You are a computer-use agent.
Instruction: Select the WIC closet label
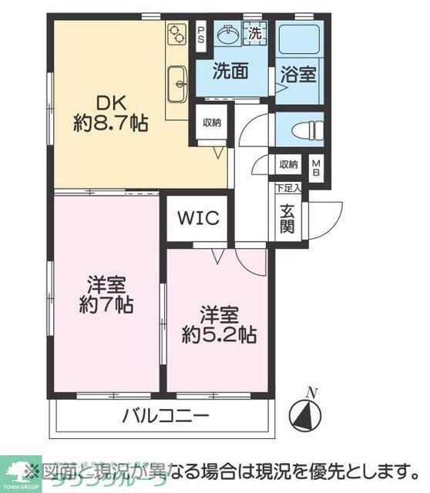tap(200, 218)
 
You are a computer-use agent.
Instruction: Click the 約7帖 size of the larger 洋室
tap(109, 304)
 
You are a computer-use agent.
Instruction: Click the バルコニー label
tap(166, 418)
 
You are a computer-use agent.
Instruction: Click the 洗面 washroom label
tap(230, 72)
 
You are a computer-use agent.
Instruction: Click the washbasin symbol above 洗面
tap(229, 35)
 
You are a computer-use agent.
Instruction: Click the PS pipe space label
tap(200, 35)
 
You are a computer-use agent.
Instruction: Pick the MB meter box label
tap(315, 169)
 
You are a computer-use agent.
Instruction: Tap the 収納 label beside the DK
tap(212, 122)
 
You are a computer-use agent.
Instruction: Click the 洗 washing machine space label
tap(254, 33)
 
